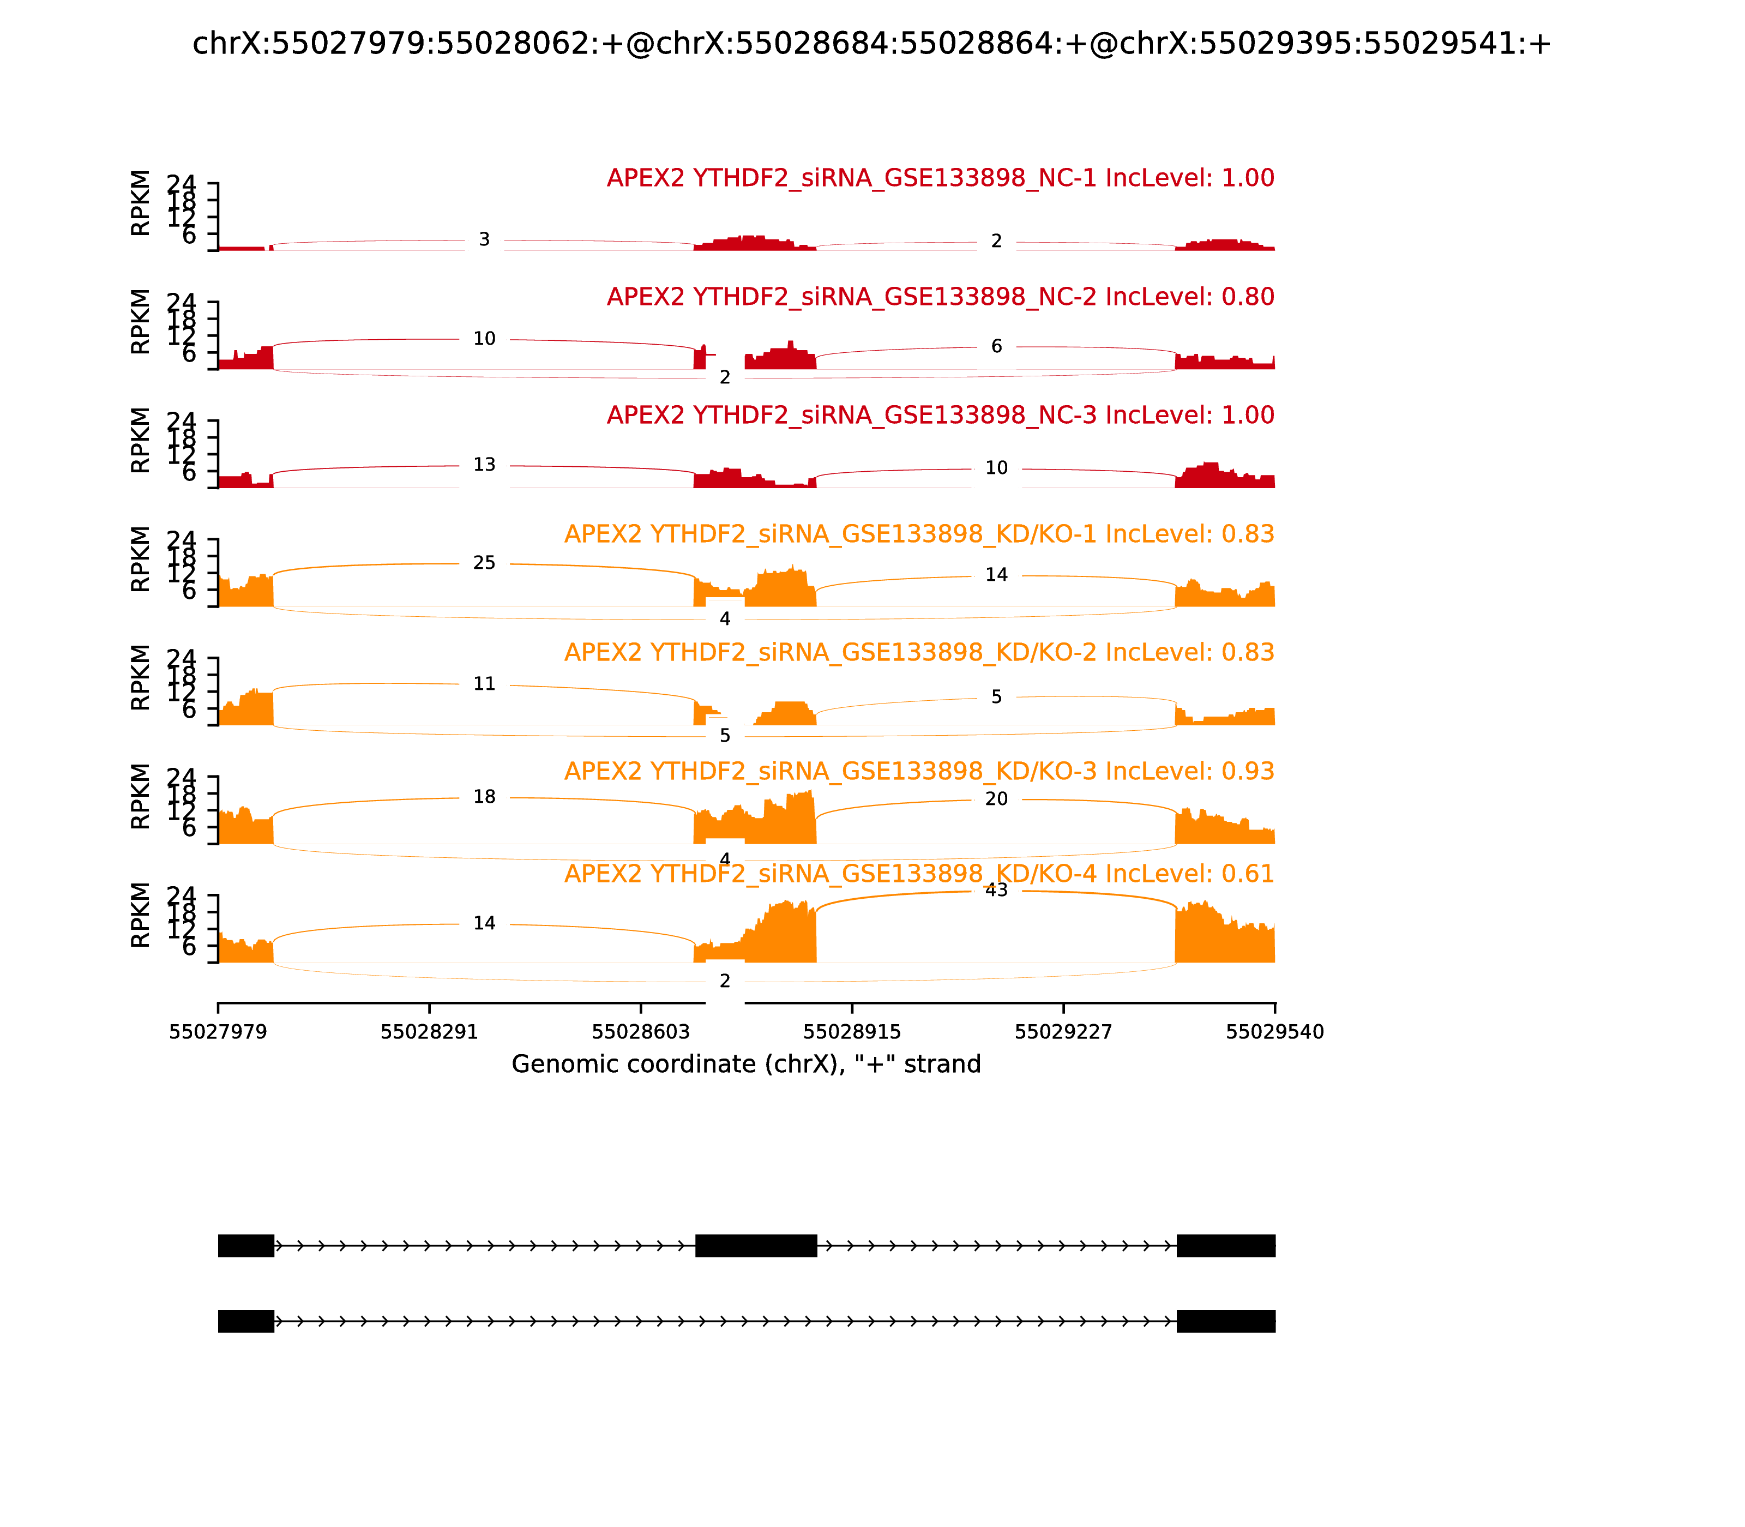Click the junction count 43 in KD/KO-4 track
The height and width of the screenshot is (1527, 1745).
[996, 891]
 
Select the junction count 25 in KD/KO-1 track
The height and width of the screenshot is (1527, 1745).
[484, 563]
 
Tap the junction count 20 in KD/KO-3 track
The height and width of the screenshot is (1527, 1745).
[996, 799]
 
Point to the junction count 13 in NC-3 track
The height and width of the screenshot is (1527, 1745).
[484, 465]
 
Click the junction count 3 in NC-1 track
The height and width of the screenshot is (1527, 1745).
[484, 241]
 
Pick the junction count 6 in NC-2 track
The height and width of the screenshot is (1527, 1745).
[996, 347]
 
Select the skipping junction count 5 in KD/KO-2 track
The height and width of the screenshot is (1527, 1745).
[724, 736]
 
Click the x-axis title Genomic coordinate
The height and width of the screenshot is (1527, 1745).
[745, 1065]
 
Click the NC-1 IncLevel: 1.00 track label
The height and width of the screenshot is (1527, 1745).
[940, 178]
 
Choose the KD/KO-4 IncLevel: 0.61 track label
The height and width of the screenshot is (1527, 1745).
[918, 874]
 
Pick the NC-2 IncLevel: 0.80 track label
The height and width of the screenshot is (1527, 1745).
[940, 297]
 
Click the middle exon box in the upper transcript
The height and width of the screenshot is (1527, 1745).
[756, 1245]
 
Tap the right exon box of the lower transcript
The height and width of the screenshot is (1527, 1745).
[1225, 1321]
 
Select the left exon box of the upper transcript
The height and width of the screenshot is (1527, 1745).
[245, 1245]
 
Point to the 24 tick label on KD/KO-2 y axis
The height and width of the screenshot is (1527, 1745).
[180, 659]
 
